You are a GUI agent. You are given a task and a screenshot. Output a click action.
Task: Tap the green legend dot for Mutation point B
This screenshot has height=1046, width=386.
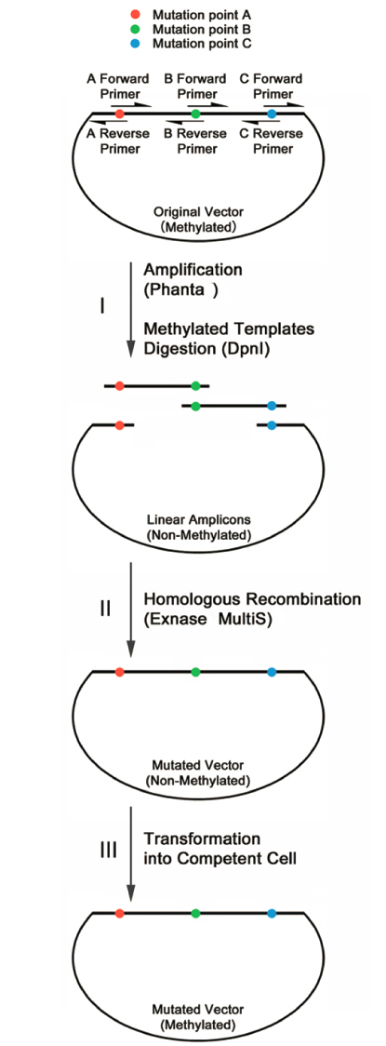point(136,30)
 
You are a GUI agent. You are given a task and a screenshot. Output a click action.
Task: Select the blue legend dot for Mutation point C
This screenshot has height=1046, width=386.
point(136,44)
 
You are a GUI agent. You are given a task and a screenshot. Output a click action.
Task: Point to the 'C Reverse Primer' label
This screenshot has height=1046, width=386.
point(271,141)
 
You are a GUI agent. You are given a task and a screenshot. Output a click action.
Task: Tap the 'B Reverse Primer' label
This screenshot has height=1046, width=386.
point(194,141)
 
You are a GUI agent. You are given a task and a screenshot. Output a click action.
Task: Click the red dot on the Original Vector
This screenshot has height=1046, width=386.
point(119,114)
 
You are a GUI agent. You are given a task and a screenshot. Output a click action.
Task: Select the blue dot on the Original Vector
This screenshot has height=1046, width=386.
point(272,114)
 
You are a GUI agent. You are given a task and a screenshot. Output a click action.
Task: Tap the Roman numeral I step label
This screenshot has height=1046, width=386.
point(101,307)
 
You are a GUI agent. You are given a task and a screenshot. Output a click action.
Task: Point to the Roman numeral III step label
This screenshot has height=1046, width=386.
point(107,851)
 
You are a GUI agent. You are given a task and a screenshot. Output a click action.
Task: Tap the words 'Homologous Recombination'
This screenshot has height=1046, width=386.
point(253,599)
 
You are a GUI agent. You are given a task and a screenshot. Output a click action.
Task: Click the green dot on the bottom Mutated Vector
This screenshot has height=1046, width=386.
point(195,912)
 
